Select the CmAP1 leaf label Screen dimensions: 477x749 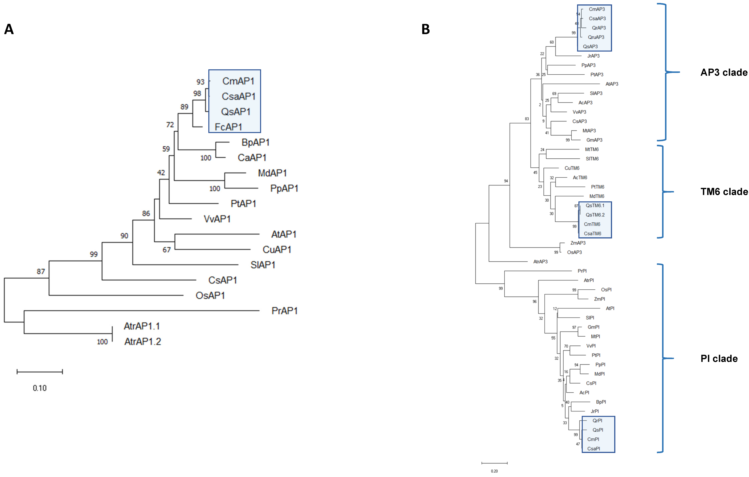pos(238,81)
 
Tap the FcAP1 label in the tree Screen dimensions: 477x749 pos(228,127)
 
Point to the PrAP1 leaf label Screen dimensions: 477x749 pos(284,311)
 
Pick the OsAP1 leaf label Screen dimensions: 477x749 pos(210,296)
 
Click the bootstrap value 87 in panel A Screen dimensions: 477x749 pos(41,271)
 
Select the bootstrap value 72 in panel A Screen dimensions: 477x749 pos(170,125)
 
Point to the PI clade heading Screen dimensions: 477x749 pos(719,359)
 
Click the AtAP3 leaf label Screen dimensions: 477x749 pos(612,84)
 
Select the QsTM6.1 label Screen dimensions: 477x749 pos(595,206)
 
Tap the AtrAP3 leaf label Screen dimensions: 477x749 pos(540,262)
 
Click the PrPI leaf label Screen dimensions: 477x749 pos(582,271)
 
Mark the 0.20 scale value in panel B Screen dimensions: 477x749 pos(494,471)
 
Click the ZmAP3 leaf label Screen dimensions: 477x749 pos(578,243)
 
